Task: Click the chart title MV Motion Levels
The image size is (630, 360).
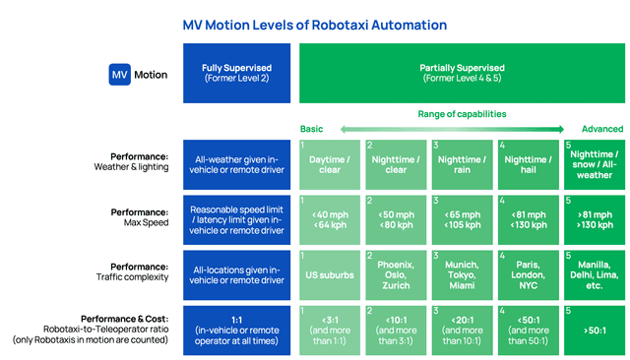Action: pyautogui.click(x=318, y=26)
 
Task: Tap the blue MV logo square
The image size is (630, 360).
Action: pyautogui.click(x=119, y=75)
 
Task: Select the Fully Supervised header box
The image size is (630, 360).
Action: pyautogui.click(x=235, y=74)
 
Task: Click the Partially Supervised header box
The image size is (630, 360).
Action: pyautogui.click(x=463, y=74)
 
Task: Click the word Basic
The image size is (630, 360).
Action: pyautogui.click(x=311, y=129)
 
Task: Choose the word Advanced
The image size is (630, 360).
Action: pyautogui.click(x=600, y=129)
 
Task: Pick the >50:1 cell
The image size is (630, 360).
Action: pyautogui.click(x=595, y=330)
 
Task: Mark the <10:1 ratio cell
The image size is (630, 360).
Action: pyautogui.click(x=396, y=330)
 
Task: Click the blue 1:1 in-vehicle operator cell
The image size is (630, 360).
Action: pyautogui.click(x=235, y=330)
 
